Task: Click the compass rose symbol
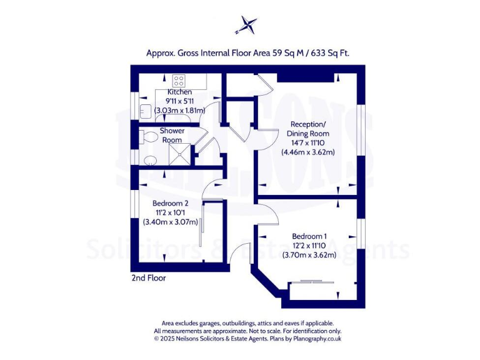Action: (x=246, y=26)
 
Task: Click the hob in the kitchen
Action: (x=179, y=80)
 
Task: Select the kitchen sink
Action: (x=145, y=111)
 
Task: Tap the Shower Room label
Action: (x=172, y=135)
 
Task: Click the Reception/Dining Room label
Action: (x=307, y=129)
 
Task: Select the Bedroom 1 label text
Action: (x=309, y=236)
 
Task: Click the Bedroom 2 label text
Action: (x=170, y=203)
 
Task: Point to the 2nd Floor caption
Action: (x=148, y=277)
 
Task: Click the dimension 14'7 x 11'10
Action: (x=307, y=142)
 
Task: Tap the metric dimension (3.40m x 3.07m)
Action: (x=170, y=221)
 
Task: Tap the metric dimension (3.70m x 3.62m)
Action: (x=309, y=254)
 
